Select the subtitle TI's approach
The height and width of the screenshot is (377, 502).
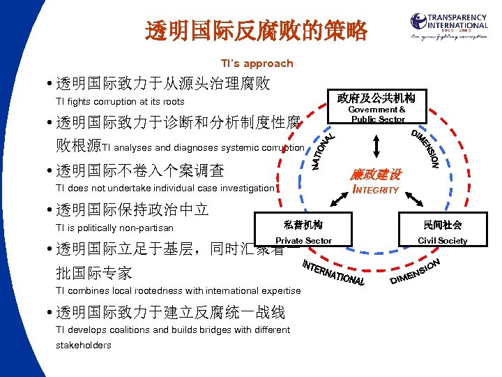pos(257,64)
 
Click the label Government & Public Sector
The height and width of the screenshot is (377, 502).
pos(377,114)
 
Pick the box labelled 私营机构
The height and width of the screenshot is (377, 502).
pos(303,225)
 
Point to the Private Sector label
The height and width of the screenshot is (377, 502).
pos(303,241)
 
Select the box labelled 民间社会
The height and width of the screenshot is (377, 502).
pos(442,225)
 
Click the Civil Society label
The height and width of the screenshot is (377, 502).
pos(442,241)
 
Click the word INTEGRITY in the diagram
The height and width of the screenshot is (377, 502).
pos(376,190)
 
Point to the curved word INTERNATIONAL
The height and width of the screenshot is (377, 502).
pos(333,273)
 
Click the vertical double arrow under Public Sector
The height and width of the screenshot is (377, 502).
pos(377,145)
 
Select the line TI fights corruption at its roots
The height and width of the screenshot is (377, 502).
pos(120,102)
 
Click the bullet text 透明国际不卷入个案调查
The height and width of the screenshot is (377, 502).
pos(139,170)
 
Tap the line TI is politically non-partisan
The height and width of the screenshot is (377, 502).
pos(114,228)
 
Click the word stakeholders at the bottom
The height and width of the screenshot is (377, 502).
pos(84,345)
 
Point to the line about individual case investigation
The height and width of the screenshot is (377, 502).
pos(165,188)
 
